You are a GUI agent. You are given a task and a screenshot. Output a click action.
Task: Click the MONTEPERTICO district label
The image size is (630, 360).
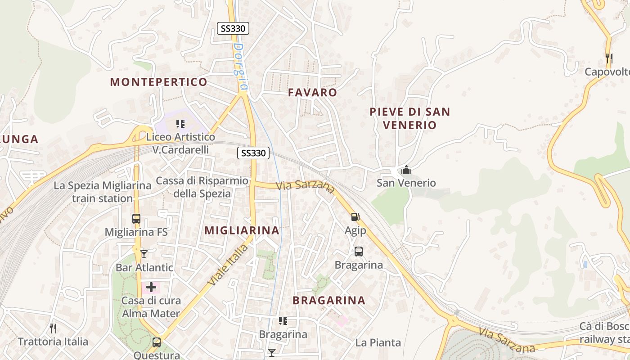pos(158,82)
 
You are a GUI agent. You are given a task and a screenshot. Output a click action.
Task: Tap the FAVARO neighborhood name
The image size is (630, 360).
pos(312,92)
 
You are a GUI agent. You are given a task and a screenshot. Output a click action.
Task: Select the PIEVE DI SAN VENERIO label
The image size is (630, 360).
pos(409,118)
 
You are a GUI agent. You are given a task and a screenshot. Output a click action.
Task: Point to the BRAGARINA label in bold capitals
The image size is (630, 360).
pos(329,300)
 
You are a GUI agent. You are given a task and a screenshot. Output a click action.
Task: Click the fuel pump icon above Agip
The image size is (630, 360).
pos(355,217)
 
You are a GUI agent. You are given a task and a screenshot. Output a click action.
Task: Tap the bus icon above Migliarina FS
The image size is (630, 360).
pos(136,219)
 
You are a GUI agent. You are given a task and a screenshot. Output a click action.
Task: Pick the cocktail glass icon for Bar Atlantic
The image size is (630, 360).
pos(144,254)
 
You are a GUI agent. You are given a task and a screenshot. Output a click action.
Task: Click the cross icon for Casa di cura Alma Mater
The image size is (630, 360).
pos(151,287)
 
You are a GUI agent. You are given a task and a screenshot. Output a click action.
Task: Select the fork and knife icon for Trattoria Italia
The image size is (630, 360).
pos(53,328)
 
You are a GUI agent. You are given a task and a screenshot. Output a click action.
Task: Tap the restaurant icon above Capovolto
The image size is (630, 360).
pos(609,58)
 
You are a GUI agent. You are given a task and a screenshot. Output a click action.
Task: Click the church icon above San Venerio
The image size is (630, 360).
pos(406,170)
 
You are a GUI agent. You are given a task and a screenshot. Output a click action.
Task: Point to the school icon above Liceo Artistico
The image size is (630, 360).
pos(180,123)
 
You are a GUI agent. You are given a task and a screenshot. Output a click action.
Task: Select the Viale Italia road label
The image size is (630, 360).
pos(228,265)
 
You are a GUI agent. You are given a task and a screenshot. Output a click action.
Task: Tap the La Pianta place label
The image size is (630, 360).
pos(378,342)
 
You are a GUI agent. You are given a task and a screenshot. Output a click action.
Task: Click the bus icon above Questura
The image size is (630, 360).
pos(157,342)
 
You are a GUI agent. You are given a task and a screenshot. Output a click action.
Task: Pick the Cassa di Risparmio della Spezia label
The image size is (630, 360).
pos(202,187)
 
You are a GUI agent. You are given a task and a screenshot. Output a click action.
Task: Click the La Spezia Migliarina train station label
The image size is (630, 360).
pos(103,192)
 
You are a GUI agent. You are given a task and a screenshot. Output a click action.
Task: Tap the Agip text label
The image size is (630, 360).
pos(355,230)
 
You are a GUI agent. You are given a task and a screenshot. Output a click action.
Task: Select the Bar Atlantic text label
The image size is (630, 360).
pos(144,267)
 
